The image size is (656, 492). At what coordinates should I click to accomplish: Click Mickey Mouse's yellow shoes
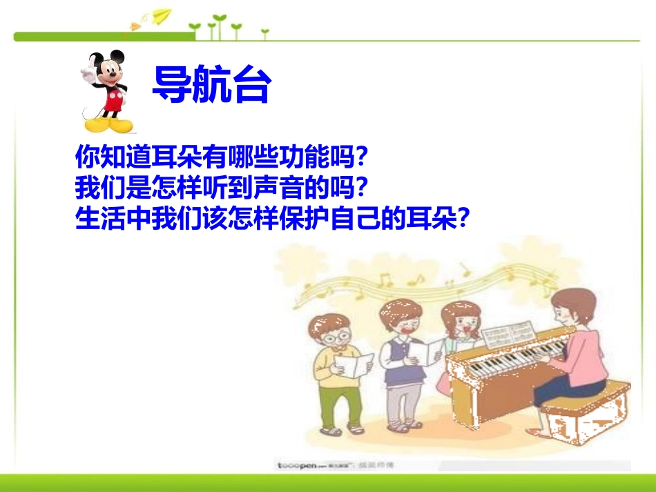click(x=108, y=126)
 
